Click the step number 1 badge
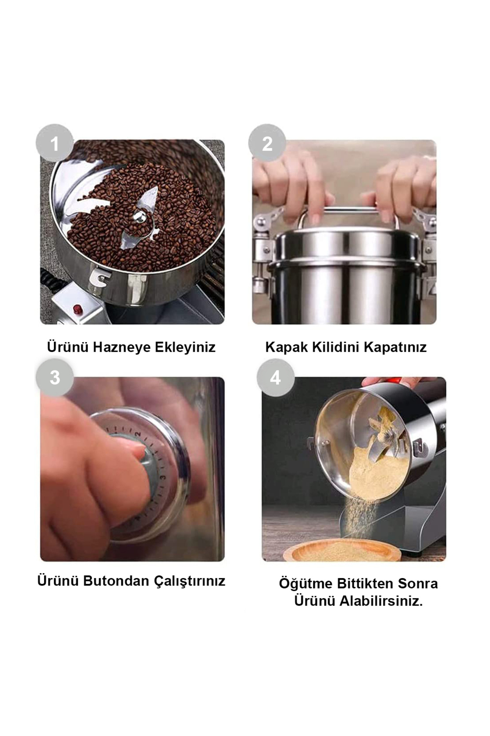55,143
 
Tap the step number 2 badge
267,143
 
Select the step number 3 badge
55,377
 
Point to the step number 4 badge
276,377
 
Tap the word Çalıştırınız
189,581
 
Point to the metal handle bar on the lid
348,213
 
